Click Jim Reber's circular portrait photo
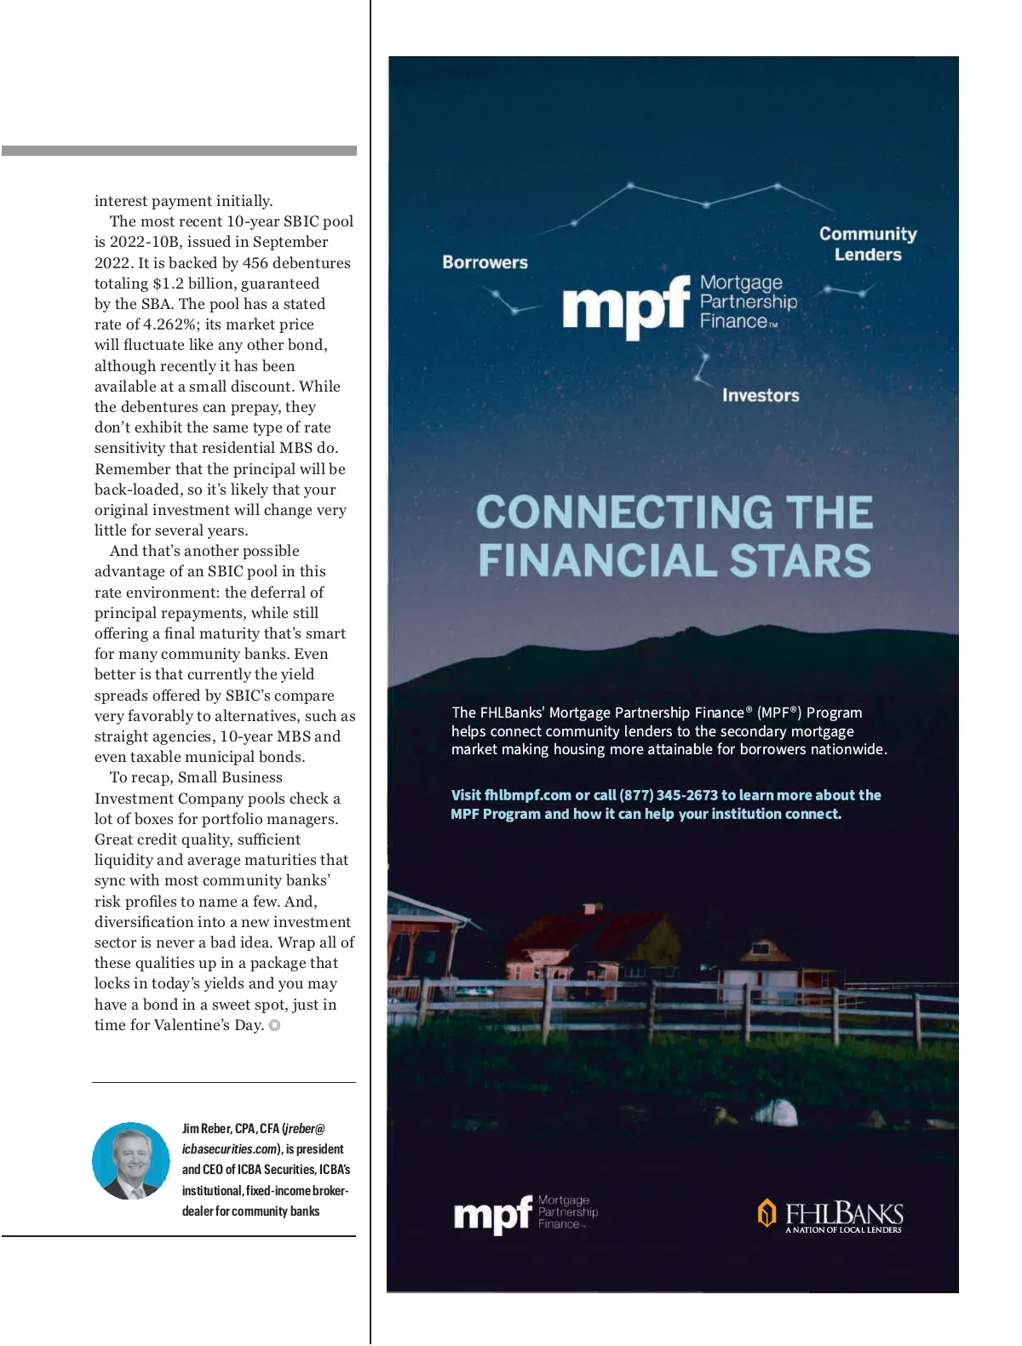pos(131,1161)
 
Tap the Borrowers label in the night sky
pos(485,262)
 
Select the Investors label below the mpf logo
pos(761,395)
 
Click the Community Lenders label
pos(868,244)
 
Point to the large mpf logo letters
pos(625,306)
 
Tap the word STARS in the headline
pos(801,561)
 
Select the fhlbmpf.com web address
pos(527,795)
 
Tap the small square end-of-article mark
pos(274,1025)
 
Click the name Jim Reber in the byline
pos(206,1129)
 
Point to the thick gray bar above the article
pos(179,151)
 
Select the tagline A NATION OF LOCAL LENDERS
pos(843,1230)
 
